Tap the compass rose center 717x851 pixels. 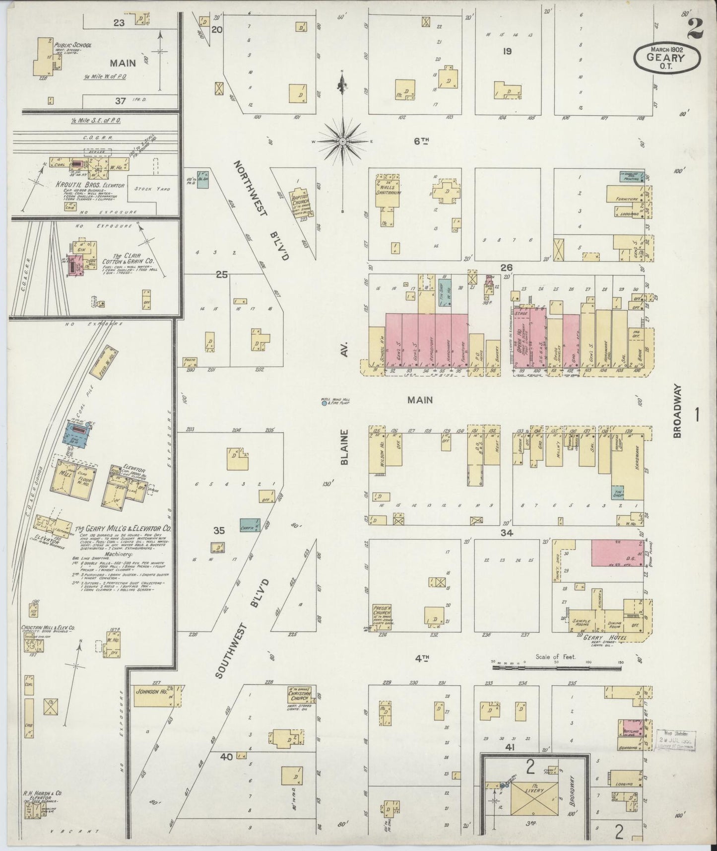tap(342, 142)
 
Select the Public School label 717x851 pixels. tap(73, 44)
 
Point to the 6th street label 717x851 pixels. tap(421, 142)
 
